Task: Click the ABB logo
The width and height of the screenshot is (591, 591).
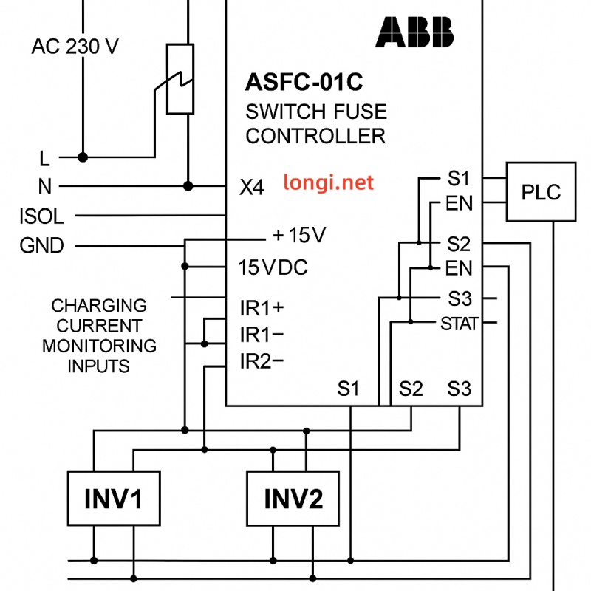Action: [414, 32]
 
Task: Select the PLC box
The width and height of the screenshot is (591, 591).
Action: [541, 192]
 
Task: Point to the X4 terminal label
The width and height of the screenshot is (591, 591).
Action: [251, 188]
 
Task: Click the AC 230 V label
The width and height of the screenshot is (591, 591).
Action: [75, 47]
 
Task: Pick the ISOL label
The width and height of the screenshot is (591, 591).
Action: [42, 216]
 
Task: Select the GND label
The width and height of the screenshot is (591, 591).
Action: [42, 245]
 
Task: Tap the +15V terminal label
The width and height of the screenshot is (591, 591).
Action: [300, 236]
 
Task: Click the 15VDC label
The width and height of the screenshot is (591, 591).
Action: [273, 267]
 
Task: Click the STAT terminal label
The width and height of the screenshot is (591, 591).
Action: [459, 324]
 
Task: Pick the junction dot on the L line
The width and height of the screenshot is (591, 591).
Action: [83, 157]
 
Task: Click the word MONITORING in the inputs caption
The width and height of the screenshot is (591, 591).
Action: [99, 345]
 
